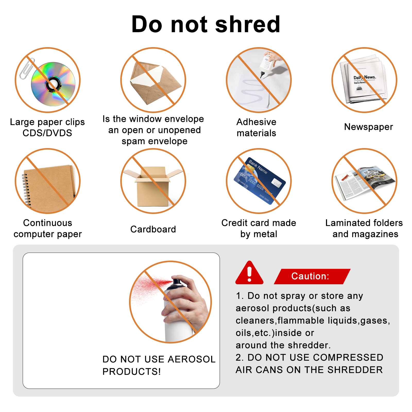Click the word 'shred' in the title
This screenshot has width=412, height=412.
coord(247,24)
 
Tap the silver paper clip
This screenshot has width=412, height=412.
coord(27,68)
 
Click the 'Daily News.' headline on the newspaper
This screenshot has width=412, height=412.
coord(365,77)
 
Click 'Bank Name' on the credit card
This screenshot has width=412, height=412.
coord(258,167)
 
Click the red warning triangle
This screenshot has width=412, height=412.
coord(249,273)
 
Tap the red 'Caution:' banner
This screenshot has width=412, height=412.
coord(312,276)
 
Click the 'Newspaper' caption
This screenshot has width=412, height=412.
coord(368,127)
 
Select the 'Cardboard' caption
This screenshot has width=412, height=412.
coord(153,229)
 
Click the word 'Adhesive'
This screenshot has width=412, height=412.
coord(256,122)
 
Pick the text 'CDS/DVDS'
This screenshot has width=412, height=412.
coord(47,133)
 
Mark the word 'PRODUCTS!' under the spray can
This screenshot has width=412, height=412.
coord(132,372)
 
